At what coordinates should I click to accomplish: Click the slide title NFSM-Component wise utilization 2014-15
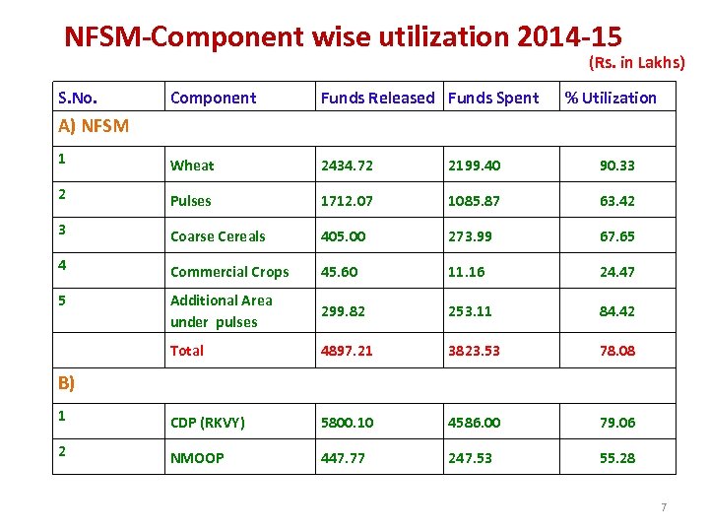click(343, 36)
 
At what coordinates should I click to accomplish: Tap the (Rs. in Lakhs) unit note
click(636, 63)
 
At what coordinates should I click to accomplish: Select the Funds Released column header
click(377, 98)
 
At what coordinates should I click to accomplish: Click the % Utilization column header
click(611, 98)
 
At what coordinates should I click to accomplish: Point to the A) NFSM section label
click(94, 125)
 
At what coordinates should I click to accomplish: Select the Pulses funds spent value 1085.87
click(474, 201)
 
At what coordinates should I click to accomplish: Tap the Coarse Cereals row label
click(218, 236)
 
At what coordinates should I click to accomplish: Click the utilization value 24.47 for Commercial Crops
click(617, 272)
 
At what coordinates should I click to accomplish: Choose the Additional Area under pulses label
click(221, 311)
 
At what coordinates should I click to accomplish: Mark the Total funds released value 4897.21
click(347, 351)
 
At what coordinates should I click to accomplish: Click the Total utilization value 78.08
click(617, 351)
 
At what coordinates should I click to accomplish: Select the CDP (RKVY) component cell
click(208, 423)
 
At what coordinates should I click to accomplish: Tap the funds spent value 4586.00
click(474, 423)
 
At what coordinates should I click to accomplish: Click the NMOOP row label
click(197, 458)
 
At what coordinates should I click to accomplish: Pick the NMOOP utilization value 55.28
click(617, 458)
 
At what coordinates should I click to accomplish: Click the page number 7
click(663, 507)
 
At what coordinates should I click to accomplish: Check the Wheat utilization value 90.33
click(617, 166)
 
